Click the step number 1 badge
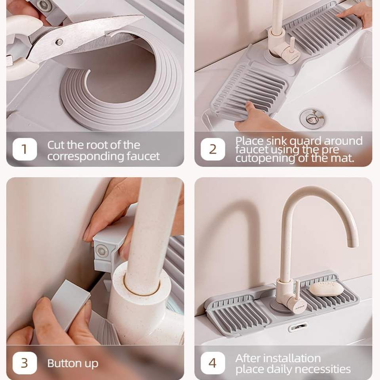pyautogui.click(x=25, y=149)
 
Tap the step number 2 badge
pyautogui.click(x=213, y=149)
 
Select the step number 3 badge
pyautogui.click(x=25, y=363)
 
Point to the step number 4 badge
pyautogui.click(x=213, y=363)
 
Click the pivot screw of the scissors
pyautogui.click(x=59, y=42)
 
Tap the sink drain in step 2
pyautogui.click(x=312, y=119)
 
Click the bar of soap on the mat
pyautogui.click(x=326, y=289)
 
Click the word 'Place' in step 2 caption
pyautogui.click(x=249, y=141)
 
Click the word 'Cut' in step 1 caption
pyautogui.click(x=56, y=145)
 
